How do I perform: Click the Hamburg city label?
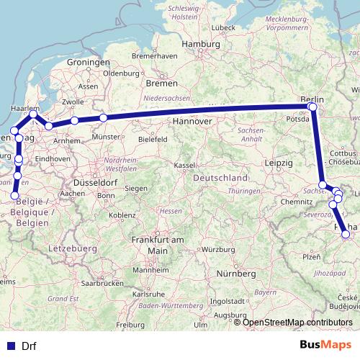click(x=199, y=44)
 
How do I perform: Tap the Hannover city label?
click(x=191, y=122)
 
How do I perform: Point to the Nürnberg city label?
click(x=237, y=274)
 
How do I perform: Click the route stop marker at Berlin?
click(x=312, y=107)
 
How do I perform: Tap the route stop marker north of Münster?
click(x=103, y=117)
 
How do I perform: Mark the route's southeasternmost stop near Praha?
click(x=346, y=233)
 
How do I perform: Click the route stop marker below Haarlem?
click(x=34, y=114)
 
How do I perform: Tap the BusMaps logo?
click(x=325, y=346)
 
